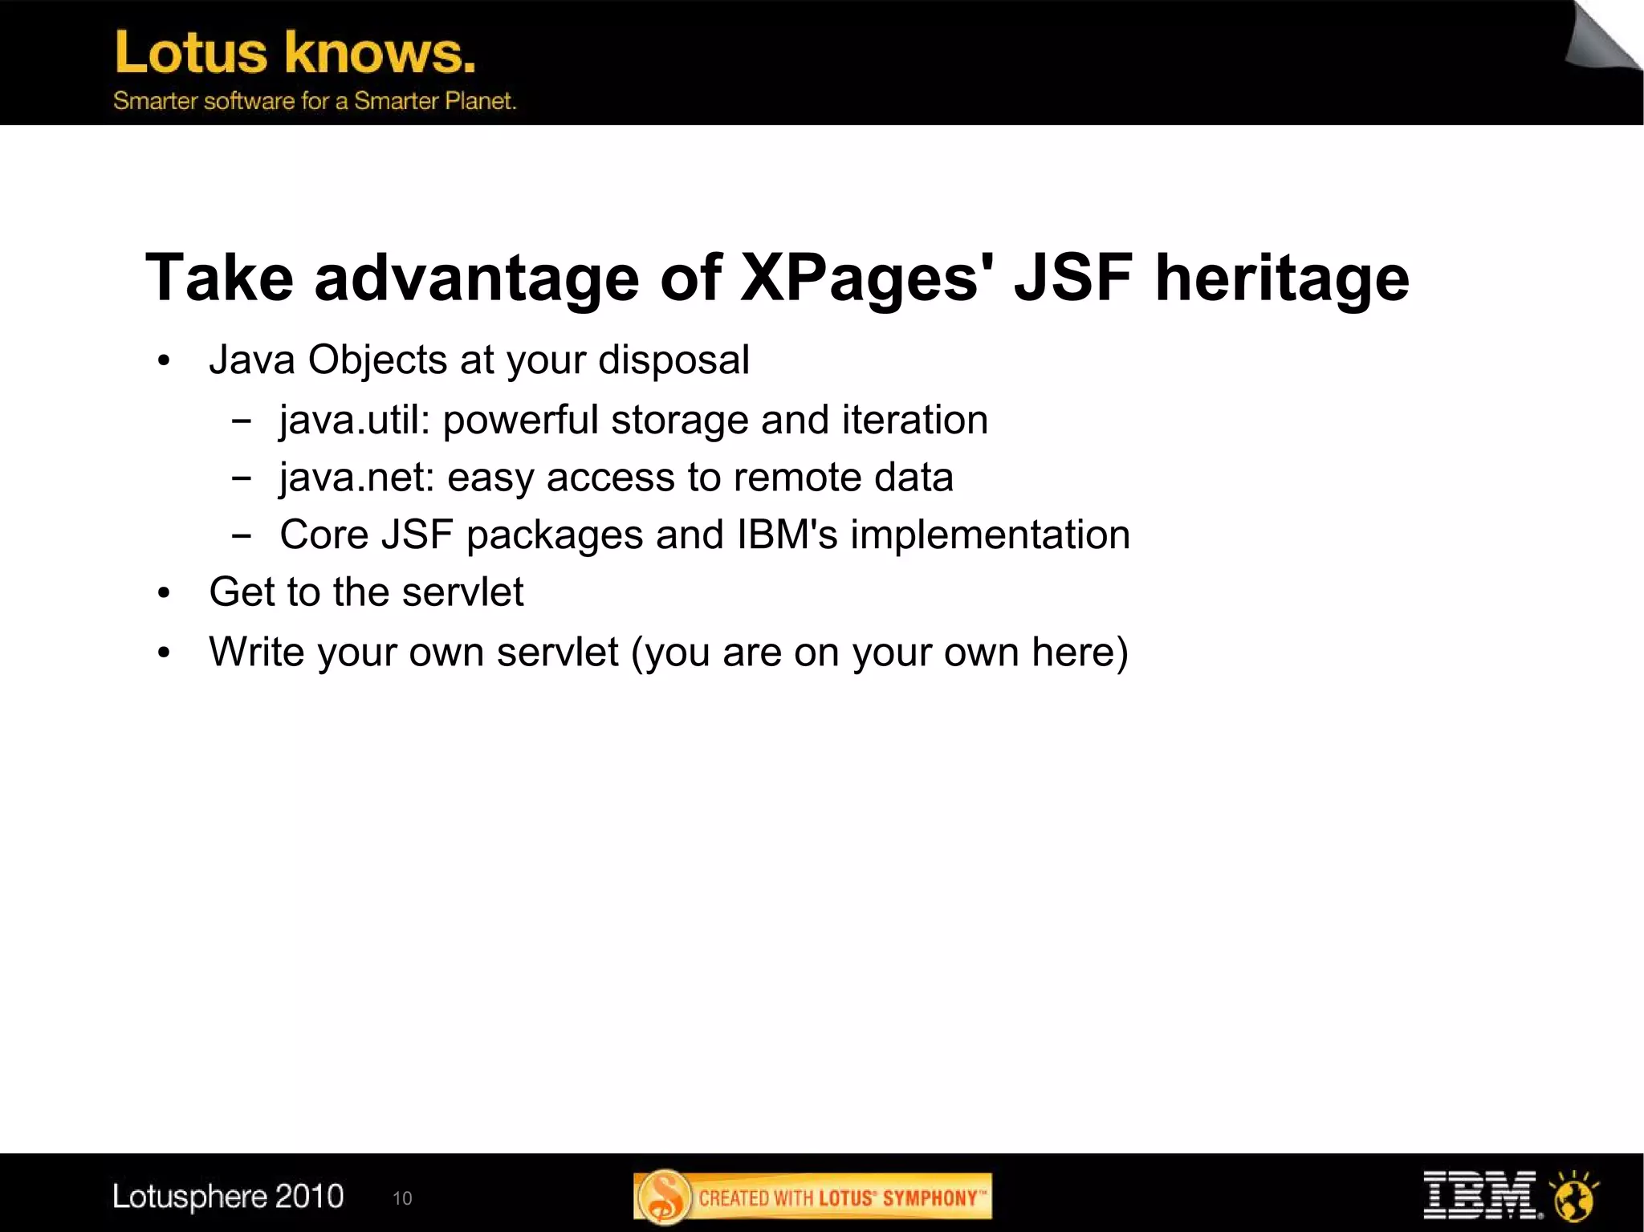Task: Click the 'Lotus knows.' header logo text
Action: point(295,53)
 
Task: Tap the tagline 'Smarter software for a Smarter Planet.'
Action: point(314,101)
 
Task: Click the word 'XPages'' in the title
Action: point(866,279)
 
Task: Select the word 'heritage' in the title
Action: point(1281,279)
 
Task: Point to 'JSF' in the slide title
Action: point(1073,277)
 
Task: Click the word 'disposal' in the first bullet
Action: point(673,360)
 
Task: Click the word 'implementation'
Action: point(990,535)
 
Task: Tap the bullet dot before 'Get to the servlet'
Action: point(165,594)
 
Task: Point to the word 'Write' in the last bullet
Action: point(256,652)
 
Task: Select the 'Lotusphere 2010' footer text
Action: point(228,1197)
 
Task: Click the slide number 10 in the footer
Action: point(402,1199)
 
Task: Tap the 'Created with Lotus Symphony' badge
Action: point(812,1197)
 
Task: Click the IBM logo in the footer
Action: point(1479,1195)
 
